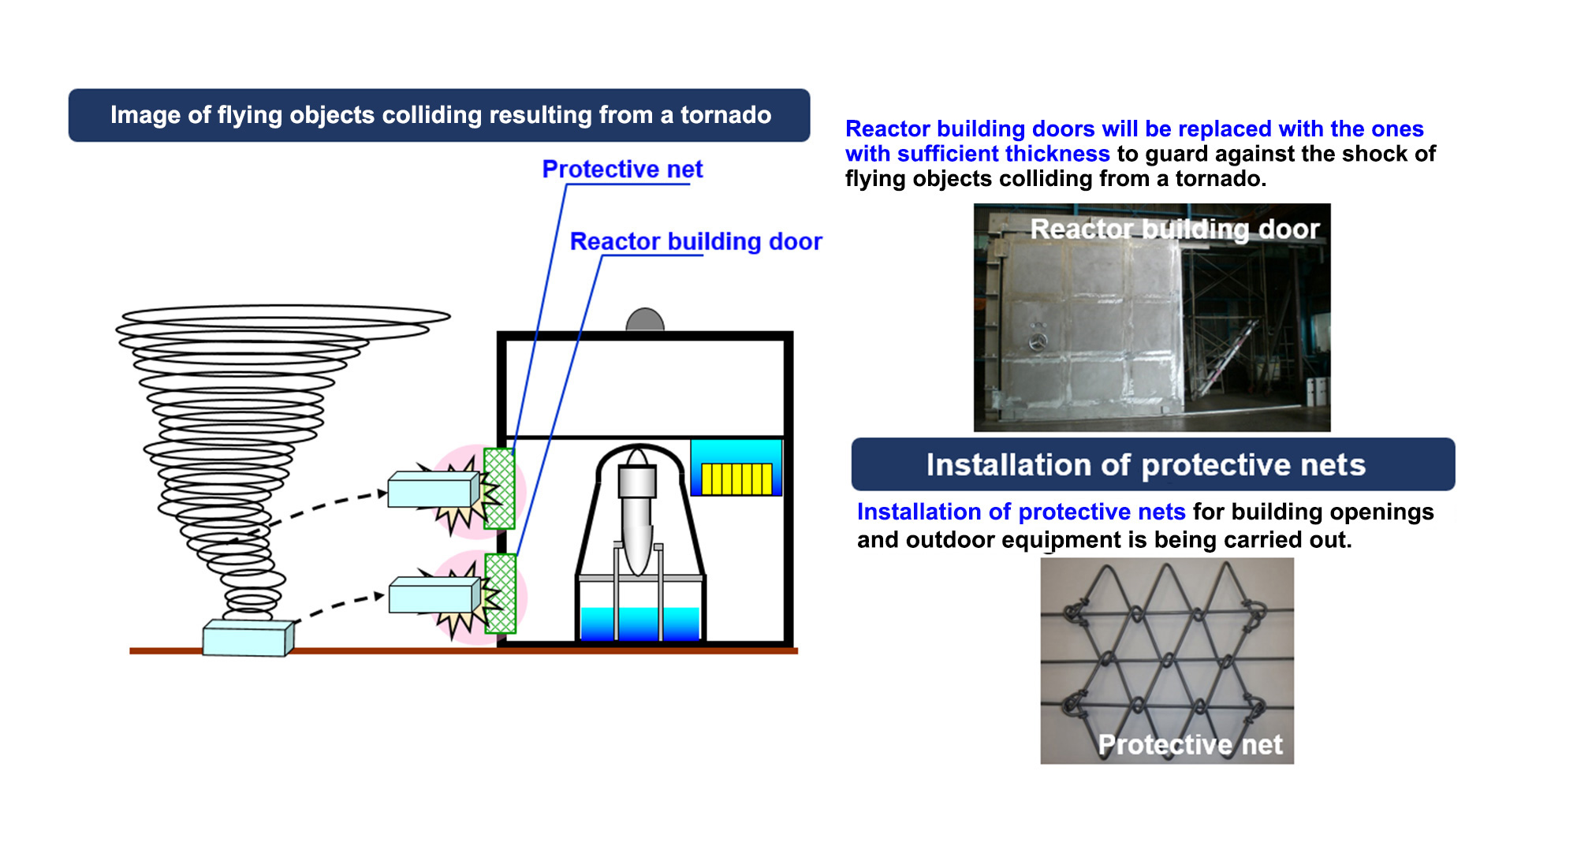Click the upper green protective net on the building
[498, 488]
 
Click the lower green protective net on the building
[500, 594]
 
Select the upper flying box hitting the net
[434, 490]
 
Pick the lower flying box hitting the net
[434, 595]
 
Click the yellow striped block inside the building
[736, 479]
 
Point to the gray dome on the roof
[645, 320]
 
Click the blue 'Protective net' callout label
[622, 169]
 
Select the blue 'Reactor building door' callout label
[695, 241]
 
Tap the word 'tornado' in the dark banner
[725, 115]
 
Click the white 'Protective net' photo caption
[1190, 744]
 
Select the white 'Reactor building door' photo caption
[1175, 229]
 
